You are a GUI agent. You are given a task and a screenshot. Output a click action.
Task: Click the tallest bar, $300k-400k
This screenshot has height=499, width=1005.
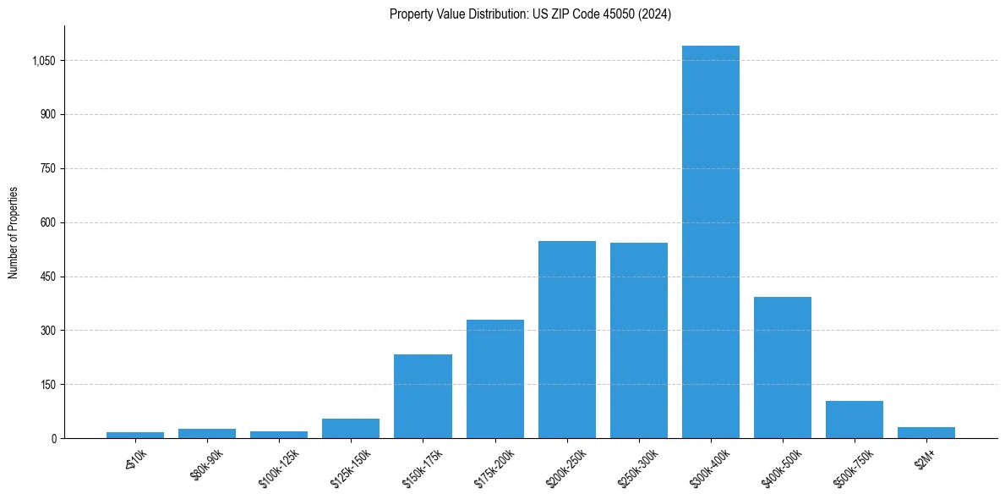point(711,242)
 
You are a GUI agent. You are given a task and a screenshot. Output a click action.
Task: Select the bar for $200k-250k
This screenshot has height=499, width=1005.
point(567,339)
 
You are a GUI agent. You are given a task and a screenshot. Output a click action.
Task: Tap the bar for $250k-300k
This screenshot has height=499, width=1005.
point(639,340)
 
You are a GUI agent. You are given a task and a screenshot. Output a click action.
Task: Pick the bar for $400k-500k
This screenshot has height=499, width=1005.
point(783,367)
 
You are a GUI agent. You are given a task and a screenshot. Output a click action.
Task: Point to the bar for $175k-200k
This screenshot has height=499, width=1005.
point(495,379)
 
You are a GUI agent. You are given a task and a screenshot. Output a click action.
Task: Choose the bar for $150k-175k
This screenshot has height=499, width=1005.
point(423,396)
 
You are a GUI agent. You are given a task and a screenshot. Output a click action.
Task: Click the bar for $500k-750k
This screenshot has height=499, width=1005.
point(855,419)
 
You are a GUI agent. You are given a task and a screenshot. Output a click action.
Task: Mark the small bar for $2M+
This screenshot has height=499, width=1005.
point(926,432)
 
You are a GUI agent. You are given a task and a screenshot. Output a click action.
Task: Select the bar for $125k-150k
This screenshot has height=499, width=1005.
point(351,428)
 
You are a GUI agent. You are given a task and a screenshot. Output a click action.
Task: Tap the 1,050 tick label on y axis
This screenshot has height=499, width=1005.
point(43,61)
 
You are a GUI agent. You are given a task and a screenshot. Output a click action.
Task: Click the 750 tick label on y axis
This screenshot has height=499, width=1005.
point(48,169)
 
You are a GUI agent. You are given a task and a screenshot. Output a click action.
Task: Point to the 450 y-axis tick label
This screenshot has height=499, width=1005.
point(48,277)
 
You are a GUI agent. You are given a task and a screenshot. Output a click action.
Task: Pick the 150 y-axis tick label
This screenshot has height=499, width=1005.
point(48,385)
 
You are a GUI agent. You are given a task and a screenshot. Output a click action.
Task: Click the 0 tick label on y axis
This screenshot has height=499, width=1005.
point(54,439)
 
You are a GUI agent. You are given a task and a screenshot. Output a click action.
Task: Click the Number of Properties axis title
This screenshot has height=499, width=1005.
point(14,232)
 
